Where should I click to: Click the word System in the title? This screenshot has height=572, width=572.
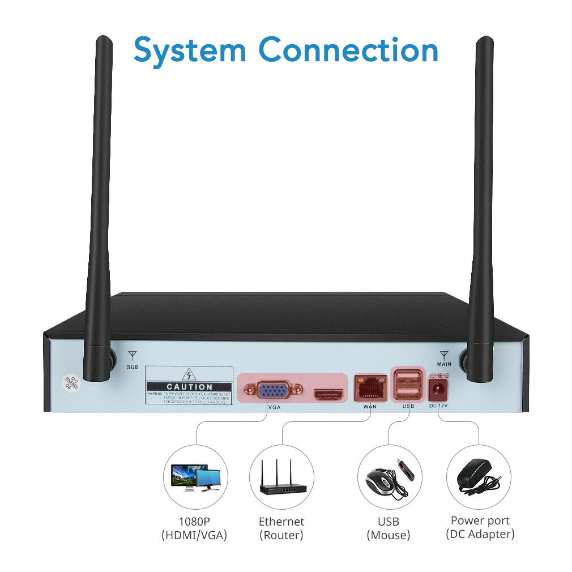click(190, 50)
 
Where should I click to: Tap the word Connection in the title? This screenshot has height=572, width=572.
click(348, 50)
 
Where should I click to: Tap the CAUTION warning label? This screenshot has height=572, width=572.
click(189, 387)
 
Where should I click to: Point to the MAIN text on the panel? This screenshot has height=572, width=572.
click(443, 364)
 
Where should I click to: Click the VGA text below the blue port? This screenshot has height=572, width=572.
click(274, 407)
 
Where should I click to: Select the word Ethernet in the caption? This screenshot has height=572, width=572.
click(281, 522)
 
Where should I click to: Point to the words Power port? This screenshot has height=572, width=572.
click(480, 520)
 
